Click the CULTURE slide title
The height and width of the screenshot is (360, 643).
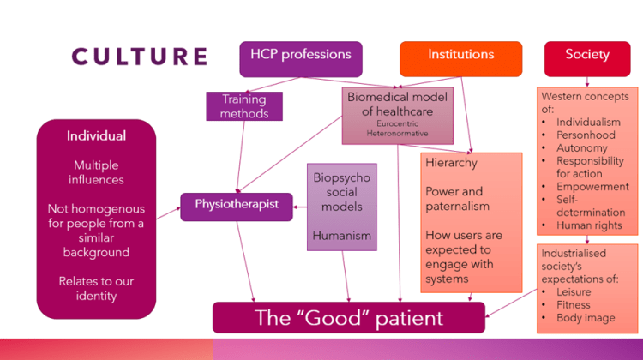139,57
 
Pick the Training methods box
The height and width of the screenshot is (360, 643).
244,106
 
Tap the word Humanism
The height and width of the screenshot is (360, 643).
341,236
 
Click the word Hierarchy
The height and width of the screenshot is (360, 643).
452,163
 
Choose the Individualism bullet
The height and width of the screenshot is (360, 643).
588,123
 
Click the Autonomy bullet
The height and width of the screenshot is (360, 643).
580,148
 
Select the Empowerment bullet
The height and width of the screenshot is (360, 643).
592,187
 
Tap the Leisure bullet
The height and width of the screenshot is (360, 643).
574,291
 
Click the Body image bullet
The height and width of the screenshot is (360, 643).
586,317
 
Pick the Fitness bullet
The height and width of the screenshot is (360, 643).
574,304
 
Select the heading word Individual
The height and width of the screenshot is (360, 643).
96,135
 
